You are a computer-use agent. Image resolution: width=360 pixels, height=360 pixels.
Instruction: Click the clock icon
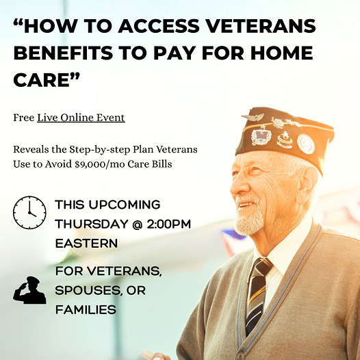pyautogui.click(x=29, y=212)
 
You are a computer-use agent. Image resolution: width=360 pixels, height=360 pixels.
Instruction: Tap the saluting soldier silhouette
pyautogui.click(x=29, y=290)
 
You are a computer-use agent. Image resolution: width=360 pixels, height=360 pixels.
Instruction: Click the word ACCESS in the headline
pyautogui.click(x=158, y=26)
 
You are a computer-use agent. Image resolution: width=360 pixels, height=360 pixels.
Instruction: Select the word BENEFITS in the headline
pyautogui.click(x=63, y=53)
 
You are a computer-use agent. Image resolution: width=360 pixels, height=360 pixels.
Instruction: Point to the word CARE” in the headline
pyautogui.click(x=47, y=79)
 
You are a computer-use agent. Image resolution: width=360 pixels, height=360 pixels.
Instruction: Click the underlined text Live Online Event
pyautogui.click(x=81, y=118)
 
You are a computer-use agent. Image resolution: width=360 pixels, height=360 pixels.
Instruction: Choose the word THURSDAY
pyautogui.click(x=92, y=224)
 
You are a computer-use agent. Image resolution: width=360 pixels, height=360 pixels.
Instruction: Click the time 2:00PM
pyautogui.click(x=169, y=224)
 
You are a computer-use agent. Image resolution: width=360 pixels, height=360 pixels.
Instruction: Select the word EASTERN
pyautogui.click(x=86, y=243)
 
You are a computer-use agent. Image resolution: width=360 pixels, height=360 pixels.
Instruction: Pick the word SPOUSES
pyautogui.click(x=88, y=291)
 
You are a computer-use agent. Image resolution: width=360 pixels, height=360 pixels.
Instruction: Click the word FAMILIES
pyautogui.click(x=86, y=310)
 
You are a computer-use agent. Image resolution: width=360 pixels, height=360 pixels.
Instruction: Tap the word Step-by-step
pyautogui.click(x=100, y=150)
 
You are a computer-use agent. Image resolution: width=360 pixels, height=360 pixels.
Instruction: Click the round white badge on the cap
pyautogui.click(x=306, y=144)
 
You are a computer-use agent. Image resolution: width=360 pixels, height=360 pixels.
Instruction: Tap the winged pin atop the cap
pyautogui.click(x=253, y=117)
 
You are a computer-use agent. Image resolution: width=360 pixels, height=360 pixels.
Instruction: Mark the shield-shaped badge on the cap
pyautogui.click(x=261, y=137)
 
